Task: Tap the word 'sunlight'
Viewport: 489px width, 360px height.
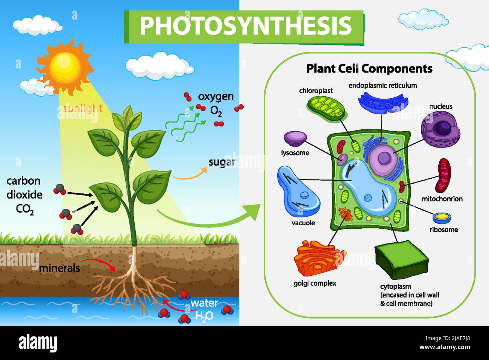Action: coord(83,108)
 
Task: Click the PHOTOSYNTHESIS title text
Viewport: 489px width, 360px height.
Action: coord(245,26)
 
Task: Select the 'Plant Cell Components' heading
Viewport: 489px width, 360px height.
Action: coord(369,68)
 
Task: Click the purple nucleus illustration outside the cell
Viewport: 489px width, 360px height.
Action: coord(440,128)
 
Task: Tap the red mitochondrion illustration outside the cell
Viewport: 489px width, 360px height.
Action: coord(443,175)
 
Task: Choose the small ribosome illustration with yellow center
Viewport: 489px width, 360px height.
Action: coord(442,217)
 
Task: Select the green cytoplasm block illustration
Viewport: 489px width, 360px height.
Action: coord(401,259)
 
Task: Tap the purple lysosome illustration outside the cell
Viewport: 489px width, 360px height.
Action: coord(295,138)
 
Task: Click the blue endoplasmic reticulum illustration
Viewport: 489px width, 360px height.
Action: coord(383,101)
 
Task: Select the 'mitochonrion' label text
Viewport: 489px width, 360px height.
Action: coord(442,199)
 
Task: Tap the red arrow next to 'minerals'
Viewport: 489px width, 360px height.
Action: coord(99,263)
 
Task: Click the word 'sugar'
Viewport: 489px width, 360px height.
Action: coord(222,162)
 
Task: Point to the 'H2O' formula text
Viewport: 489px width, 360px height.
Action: coord(204,316)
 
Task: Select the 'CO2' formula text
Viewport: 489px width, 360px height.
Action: coord(25,209)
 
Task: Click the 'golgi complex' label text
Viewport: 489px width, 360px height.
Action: coord(315,283)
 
